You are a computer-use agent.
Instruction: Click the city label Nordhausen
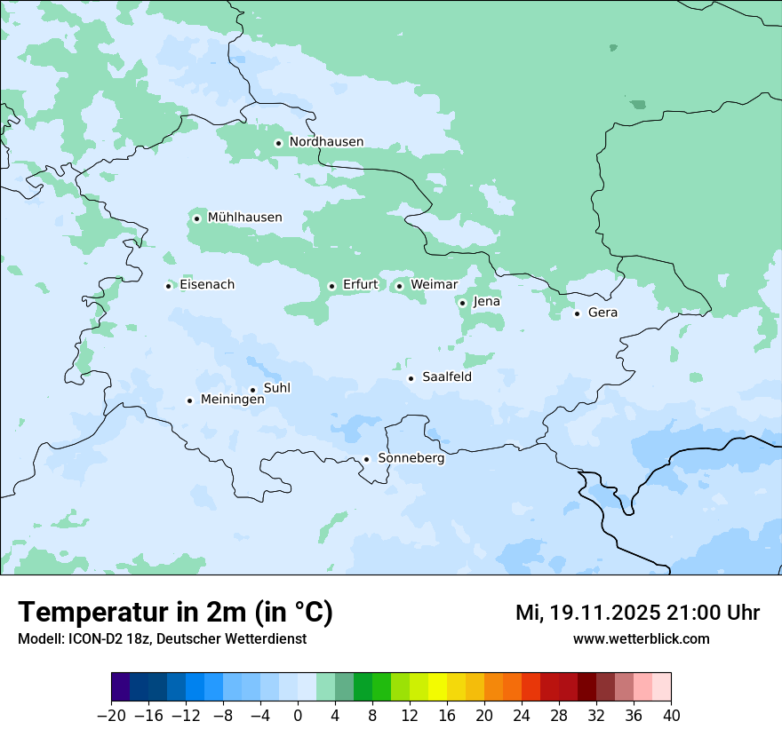click(x=326, y=142)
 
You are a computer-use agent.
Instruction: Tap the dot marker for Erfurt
click(x=331, y=286)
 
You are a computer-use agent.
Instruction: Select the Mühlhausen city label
click(x=244, y=218)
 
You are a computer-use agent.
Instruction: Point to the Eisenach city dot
click(x=168, y=286)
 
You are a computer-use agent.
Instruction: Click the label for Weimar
click(x=434, y=285)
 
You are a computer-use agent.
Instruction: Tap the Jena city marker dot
click(x=462, y=303)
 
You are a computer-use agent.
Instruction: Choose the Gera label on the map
click(x=602, y=313)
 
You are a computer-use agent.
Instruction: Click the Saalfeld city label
click(x=446, y=377)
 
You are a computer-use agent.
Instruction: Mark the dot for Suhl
click(x=252, y=390)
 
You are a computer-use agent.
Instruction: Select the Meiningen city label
click(x=232, y=400)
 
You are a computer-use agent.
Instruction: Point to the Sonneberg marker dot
click(x=366, y=460)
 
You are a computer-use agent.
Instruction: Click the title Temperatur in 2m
click(x=175, y=613)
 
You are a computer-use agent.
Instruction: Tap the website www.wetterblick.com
click(x=641, y=639)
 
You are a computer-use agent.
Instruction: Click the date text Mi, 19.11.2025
click(x=586, y=614)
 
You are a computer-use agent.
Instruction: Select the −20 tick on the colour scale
click(x=111, y=716)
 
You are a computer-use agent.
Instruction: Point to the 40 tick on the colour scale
click(x=671, y=716)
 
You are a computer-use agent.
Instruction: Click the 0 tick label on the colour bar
click(x=298, y=716)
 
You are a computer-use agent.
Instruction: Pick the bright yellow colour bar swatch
click(x=437, y=687)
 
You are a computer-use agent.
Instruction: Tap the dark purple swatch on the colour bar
click(x=120, y=687)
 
